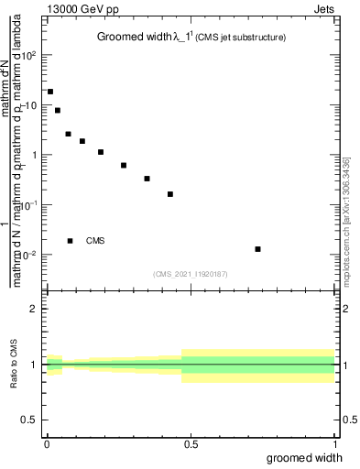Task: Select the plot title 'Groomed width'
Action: [135, 38]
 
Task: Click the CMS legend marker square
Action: [70, 241]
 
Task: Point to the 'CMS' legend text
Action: [95, 241]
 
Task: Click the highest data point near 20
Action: [50, 92]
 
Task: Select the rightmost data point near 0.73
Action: [258, 249]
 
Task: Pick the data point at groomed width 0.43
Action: [170, 194]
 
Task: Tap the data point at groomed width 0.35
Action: [147, 179]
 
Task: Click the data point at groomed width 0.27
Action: [124, 166]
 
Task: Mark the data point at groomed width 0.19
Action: [101, 152]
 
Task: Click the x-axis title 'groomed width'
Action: [311, 457]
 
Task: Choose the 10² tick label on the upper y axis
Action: [28, 55]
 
